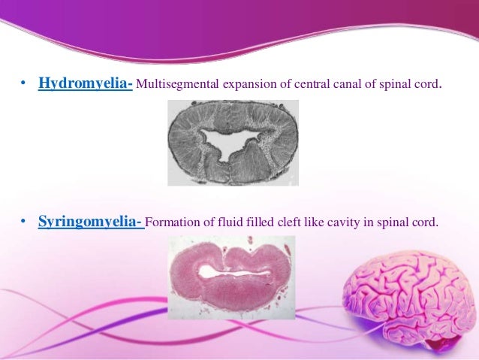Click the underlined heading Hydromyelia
(x=86, y=82)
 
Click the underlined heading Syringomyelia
(x=91, y=222)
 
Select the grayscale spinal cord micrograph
(x=232, y=143)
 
